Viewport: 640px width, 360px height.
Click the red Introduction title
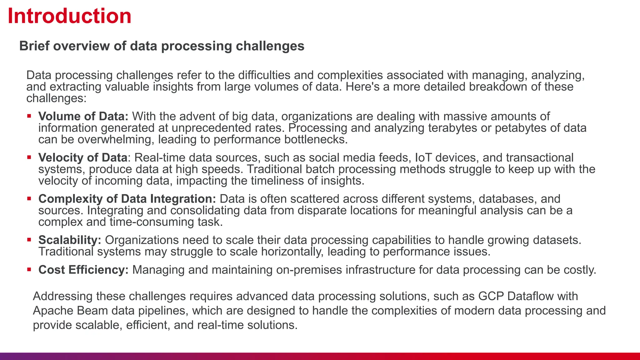[x=69, y=16]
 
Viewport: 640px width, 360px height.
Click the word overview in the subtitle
[x=81, y=46]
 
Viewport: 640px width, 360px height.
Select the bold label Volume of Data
[x=83, y=116]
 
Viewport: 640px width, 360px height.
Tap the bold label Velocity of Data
[x=82, y=157]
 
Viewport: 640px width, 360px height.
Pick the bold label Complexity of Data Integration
[x=127, y=199]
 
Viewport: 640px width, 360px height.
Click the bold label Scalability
[x=69, y=240]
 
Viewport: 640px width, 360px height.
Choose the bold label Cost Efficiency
[x=83, y=270]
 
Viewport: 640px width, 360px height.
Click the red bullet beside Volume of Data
[x=29, y=116]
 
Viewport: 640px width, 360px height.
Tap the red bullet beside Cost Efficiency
[x=29, y=269]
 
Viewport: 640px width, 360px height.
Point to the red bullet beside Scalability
[x=29, y=240]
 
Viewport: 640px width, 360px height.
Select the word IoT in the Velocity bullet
[x=423, y=157]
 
